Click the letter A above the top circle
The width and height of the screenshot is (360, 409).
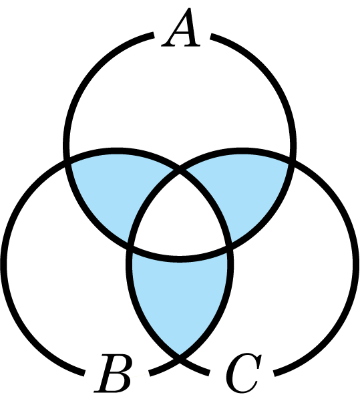(x=180, y=27)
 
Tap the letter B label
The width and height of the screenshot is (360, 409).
(x=113, y=373)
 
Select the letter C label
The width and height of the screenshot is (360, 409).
(x=244, y=373)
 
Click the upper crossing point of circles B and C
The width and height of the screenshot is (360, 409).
(x=180, y=172)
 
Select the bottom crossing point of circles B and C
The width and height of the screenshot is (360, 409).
(x=180, y=359)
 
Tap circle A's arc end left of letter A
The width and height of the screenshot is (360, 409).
(x=153, y=35)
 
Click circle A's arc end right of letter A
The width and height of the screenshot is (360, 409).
(x=212, y=37)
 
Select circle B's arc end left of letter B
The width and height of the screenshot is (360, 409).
(x=83, y=373)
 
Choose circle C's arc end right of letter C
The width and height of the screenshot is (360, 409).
(x=275, y=374)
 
